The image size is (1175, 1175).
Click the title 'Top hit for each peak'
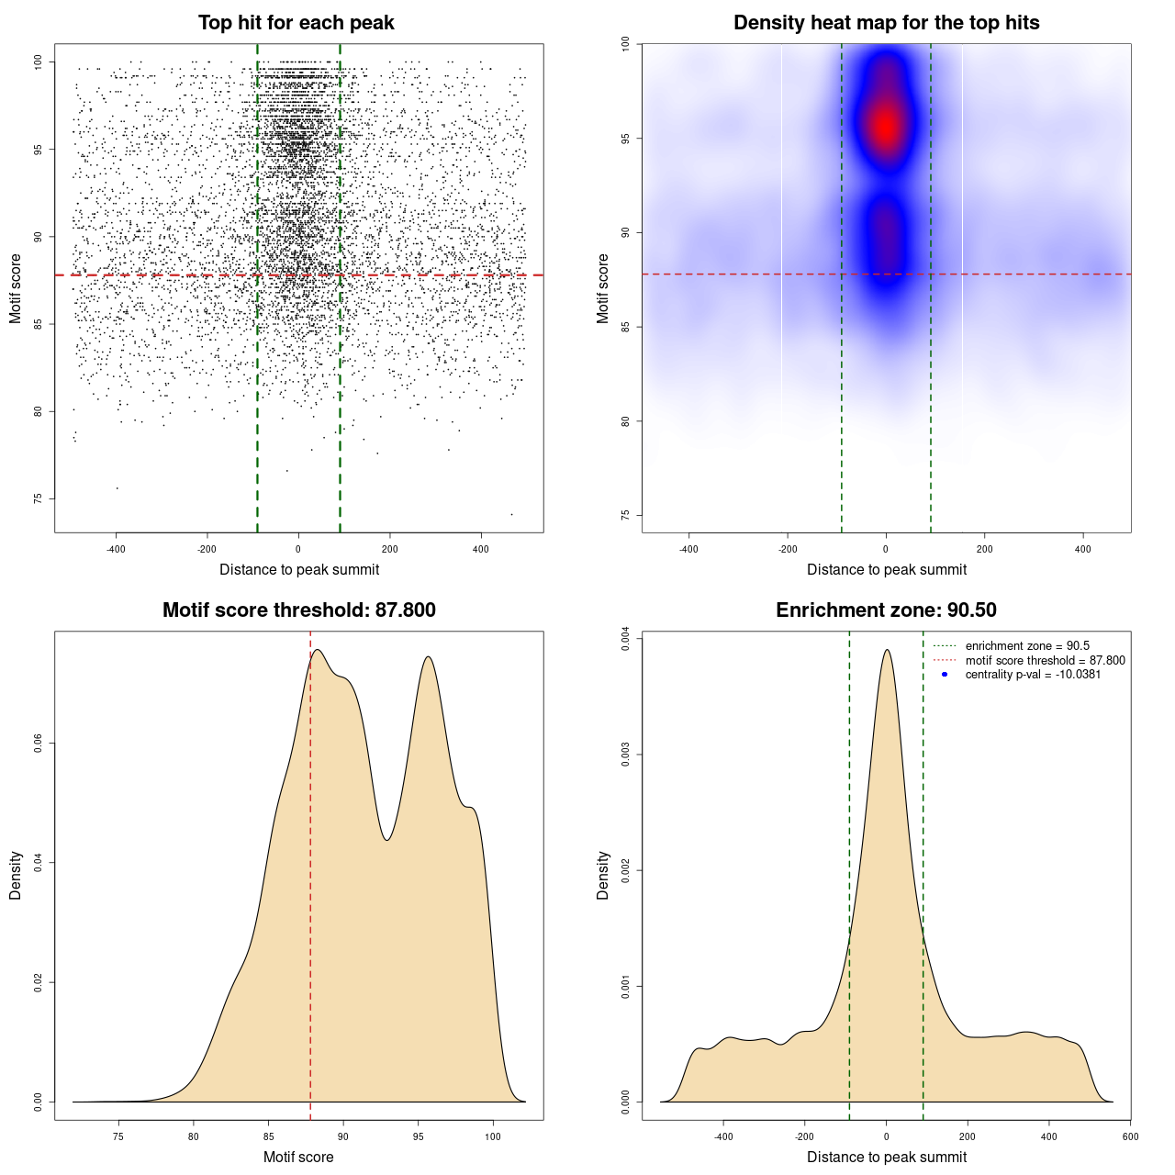297,23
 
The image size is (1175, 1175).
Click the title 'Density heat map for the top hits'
886,23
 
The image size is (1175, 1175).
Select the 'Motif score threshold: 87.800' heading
298,610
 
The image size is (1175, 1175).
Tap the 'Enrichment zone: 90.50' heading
886,610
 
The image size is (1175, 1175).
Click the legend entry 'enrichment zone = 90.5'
1026,646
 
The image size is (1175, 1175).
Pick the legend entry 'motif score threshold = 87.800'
1045,660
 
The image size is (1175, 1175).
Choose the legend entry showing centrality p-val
1033,675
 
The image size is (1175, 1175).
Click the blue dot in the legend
945,675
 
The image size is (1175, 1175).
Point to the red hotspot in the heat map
885,126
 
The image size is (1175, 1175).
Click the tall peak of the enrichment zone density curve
887,651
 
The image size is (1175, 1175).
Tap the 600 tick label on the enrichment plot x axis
1130,1136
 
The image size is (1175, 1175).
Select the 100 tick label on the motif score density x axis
493,1136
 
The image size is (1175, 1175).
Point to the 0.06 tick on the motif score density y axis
38,743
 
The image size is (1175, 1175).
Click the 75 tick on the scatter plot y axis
38,498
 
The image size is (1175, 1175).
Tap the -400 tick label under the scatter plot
116,549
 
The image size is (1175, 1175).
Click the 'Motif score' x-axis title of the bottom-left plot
298,1157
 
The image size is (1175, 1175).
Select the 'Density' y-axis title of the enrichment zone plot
603,875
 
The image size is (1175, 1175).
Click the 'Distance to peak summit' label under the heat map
886,569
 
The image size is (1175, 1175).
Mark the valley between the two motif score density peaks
387,839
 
